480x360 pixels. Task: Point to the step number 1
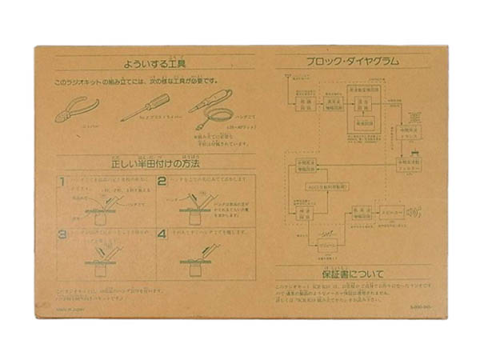(x=62, y=182)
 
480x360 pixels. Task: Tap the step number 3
(x=62, y=235)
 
